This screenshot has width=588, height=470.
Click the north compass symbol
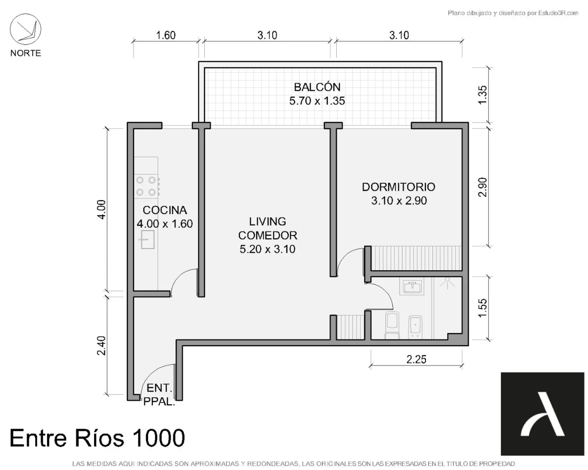tap(25, 29)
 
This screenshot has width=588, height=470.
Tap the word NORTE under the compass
tap(26, 53)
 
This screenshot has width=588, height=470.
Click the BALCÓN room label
tap(317, 87)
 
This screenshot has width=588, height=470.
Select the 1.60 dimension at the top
tap(166, 35)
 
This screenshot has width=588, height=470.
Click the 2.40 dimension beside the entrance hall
tap(101, 345)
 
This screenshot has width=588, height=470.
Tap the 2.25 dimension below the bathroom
tap(416, 359)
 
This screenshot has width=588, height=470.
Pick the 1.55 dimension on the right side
tap(482, 308)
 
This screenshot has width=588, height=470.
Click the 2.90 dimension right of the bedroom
tap(482, 187)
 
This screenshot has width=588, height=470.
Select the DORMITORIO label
tap(398, 187)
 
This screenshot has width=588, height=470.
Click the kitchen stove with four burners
tap(147, 186)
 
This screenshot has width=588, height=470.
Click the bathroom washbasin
tap(412, 286)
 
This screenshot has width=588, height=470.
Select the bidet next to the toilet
tap(415, 327)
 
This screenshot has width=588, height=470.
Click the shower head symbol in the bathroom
tap(447, 282)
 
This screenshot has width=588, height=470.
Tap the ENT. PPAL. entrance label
tap(159, 395)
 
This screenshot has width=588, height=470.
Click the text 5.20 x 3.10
tap(267, 249)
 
